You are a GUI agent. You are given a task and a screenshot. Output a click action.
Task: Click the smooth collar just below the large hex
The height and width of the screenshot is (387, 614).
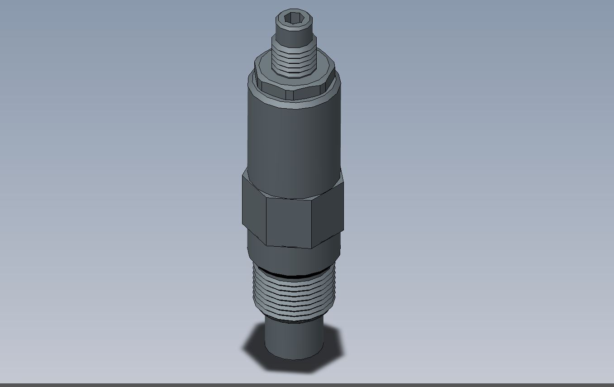(294, 258)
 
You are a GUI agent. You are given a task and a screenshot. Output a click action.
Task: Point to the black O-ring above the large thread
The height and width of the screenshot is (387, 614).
(294, 275)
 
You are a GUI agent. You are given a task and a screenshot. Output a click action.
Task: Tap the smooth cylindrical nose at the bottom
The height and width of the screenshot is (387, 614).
(294, 339)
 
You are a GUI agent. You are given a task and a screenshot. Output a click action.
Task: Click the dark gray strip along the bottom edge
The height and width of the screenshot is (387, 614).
(307, 385)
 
